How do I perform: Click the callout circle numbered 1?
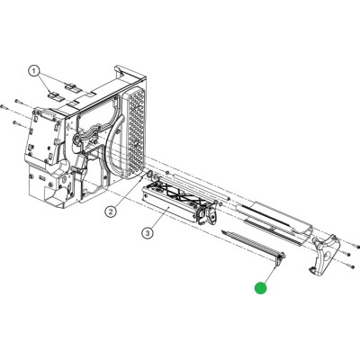tap(34, 71)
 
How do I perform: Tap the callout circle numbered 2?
tap(111, 211)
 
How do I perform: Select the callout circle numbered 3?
tap(147, 232)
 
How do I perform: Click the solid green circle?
tap(260, 288)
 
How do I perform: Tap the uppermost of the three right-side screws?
tap(358, 247)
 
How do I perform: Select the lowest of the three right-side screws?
tap(350, 266)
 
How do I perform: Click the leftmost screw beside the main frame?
tap(4, 106)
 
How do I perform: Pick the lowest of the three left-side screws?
tap(16, 122)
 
